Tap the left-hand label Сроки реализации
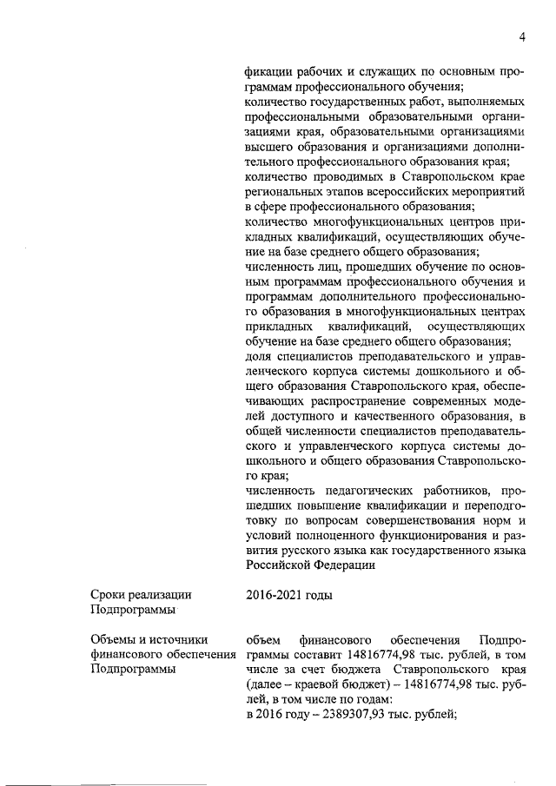(141, 595)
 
